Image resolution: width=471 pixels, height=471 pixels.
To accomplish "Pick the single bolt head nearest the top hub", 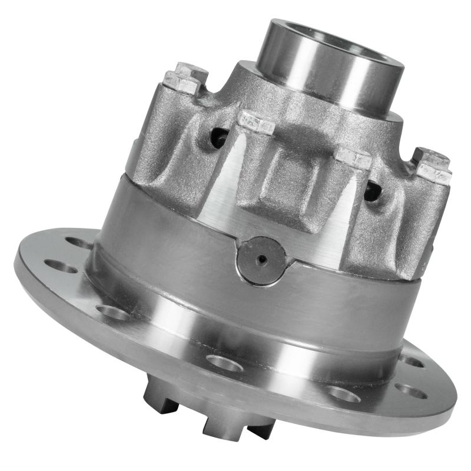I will pos(256,122).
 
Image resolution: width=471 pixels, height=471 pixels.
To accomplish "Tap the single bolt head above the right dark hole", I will pos(353,158).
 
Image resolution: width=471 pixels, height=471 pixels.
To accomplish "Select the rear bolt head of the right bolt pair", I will pos(430,157).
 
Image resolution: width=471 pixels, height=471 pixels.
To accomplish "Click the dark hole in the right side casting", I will pos(372,190).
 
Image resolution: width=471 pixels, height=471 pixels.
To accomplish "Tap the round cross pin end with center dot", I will pos(261,261).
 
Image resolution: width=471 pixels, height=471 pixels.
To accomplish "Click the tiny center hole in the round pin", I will pos(263,259).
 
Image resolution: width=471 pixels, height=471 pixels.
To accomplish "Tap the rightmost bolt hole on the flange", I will pos(411,390).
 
